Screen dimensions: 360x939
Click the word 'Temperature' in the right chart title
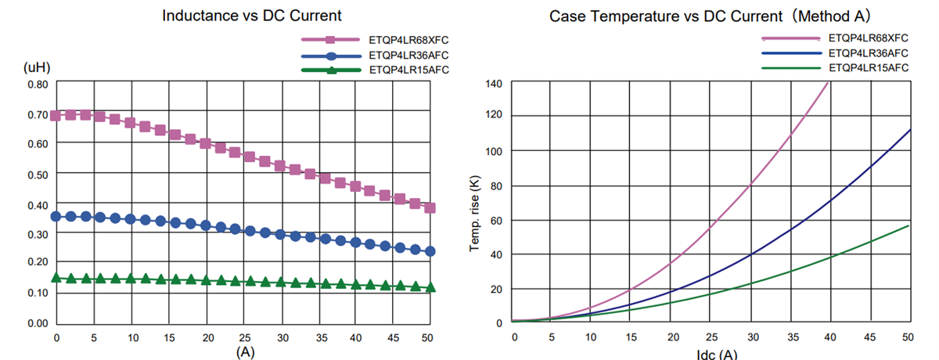631,15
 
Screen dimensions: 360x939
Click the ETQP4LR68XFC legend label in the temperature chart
868,37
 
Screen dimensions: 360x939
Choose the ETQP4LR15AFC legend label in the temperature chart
868,68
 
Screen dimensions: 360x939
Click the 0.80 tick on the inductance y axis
37,84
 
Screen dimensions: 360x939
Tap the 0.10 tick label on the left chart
37,293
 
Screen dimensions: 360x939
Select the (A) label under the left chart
245,352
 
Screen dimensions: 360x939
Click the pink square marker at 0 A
55,115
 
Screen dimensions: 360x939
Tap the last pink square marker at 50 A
430,207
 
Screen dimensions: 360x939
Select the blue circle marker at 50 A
430,251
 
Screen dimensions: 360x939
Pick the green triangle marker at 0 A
55,277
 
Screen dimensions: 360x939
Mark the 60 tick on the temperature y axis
495,220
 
